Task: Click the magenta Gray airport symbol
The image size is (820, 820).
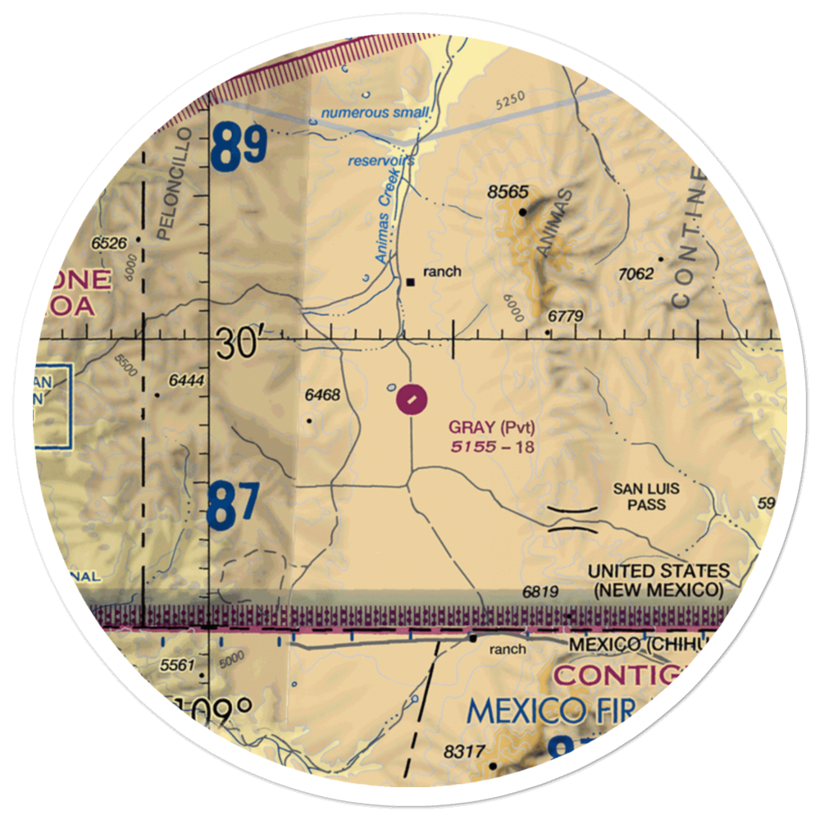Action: [x=412, y=400]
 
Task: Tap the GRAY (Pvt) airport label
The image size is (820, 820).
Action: [x=492, y=427]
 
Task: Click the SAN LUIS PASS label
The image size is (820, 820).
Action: [x=647, y=496]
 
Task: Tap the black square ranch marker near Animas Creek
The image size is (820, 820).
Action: [x=411, y=283]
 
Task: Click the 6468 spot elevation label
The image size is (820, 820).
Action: [x=321, y=395]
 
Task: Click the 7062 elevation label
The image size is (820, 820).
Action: [x=635, y=273]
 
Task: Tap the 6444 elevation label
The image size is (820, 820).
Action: [x=184, y=381]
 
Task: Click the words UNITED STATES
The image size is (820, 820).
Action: [x=658, y=571]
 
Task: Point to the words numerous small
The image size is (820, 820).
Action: [x=375, y=112]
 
